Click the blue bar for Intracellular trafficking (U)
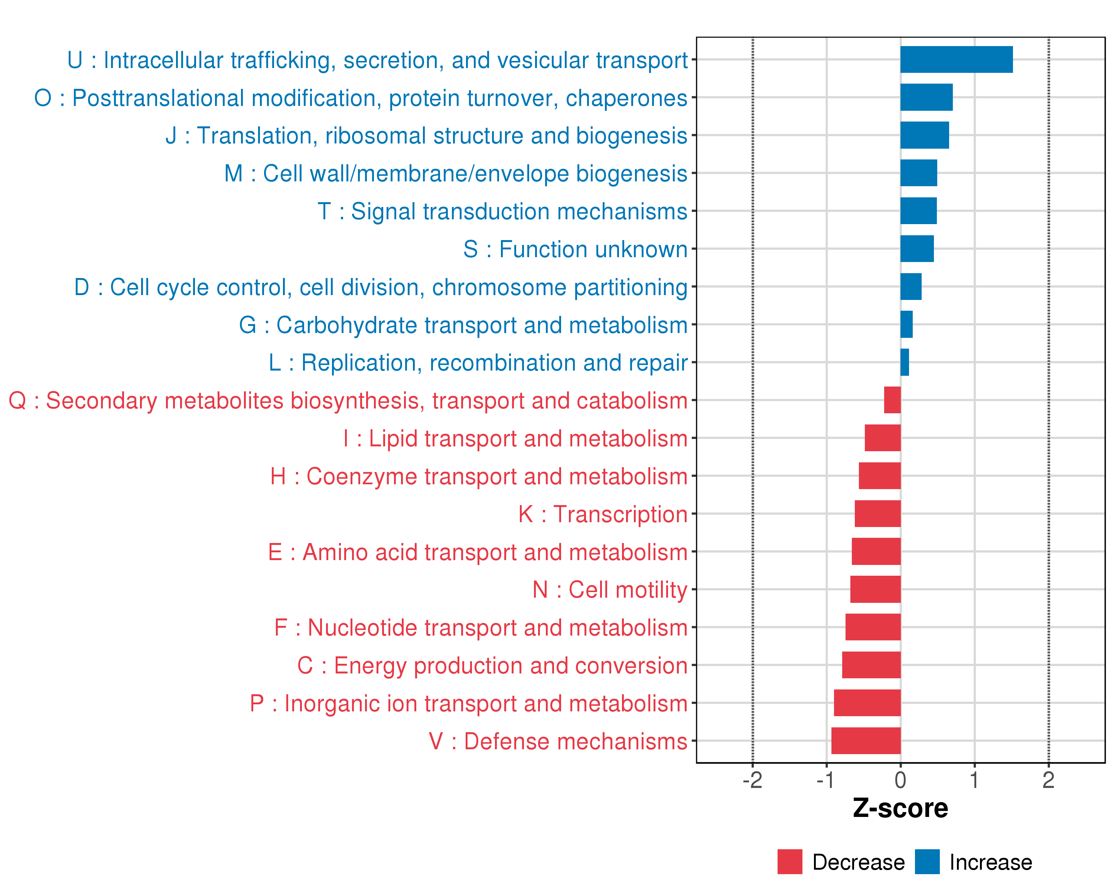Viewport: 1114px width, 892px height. pyautogui.click(x=957, y=59)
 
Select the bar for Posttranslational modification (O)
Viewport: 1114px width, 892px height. pyautogui.click(x=926, y=97)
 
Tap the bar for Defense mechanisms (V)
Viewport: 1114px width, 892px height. pyautogui.click(x=866, y=740)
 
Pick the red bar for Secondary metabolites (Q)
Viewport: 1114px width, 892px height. pyautogui.click(x=892, y=400)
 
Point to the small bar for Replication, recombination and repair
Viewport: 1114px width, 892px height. pyautogui.click(x=905, y=362)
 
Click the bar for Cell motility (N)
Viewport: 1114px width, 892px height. pyautogui.click(x=875, y=589)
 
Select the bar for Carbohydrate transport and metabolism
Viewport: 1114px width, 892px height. pyautogui.click(x=906, y=324)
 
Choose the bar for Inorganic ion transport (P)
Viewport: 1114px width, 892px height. pyautogui.click(x=867, y=703)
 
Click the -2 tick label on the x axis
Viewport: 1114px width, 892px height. pyautogui.click(x=752, y=780)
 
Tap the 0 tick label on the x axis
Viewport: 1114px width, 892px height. pyautogui.click(x=900, y=780)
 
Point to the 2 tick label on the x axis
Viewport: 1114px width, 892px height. pyautogui.click(x=1048, y=780)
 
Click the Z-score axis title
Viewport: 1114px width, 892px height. pyautogui.click(x=900, y=808)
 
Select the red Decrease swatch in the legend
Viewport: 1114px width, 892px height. pyautogui.click(x=789, y=862)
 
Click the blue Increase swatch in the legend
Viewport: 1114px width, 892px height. pyautogui.click(x=927, y=862)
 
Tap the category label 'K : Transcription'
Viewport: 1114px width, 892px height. pyautogui.click(x=602, y=514)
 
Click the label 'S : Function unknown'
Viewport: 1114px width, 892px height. pyautogui.click(x=575, y=249)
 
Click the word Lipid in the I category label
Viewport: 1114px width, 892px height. pyautogui.click(x=393, y=439)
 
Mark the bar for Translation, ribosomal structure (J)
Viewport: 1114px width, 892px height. pyautogui.click(x=924, y=135)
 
